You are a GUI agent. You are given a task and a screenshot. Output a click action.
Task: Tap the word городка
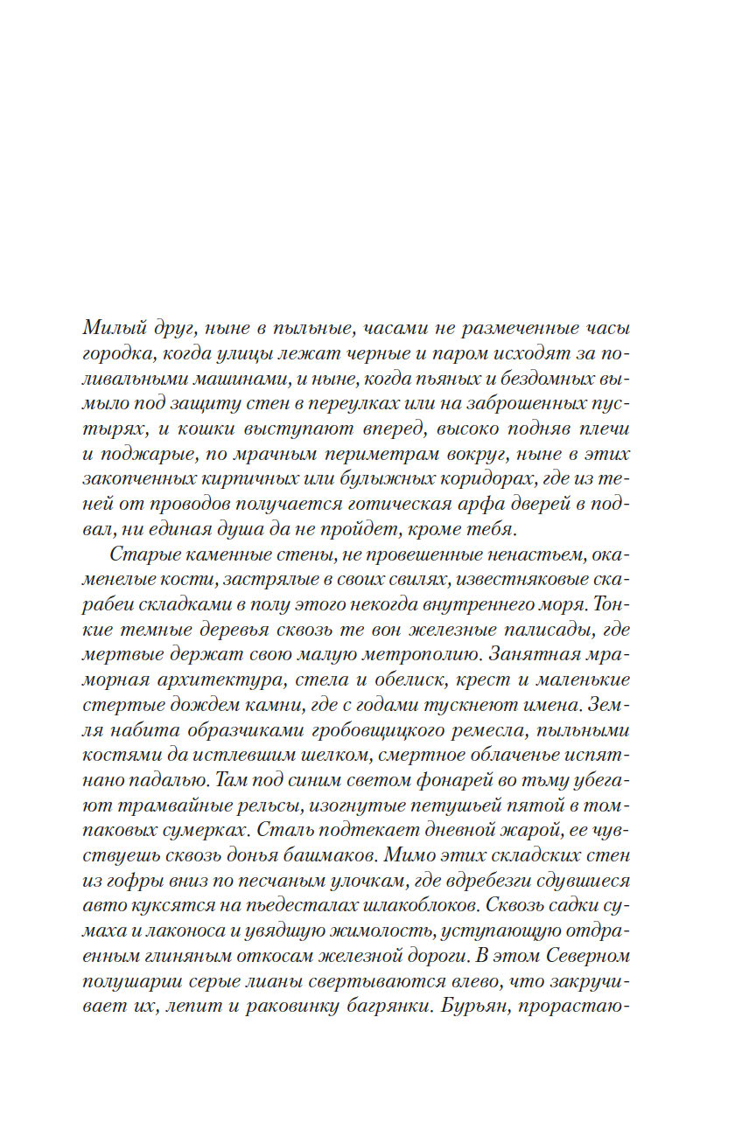point(117,354)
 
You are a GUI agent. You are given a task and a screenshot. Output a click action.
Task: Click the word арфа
point(488,505)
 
